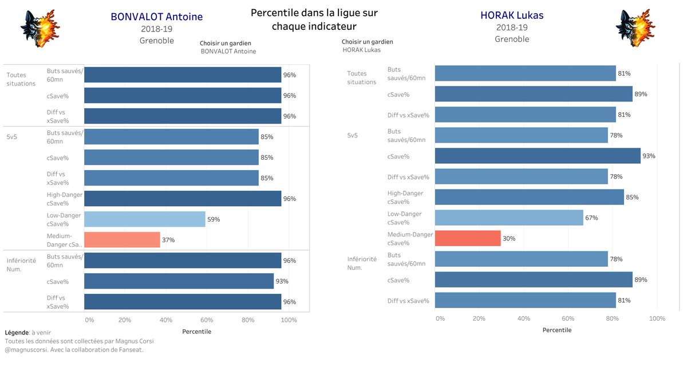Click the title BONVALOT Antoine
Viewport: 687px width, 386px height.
tap(156, 17)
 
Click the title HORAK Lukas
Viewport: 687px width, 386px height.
tap(512, 15)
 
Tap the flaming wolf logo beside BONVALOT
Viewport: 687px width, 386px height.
tap(40, 28)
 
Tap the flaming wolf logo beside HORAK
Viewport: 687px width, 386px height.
tap(634, 28)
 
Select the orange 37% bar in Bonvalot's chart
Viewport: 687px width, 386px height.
tap(122, 240)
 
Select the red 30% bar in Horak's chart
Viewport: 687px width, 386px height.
tap(468, 238)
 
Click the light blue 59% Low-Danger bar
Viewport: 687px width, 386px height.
tap(145, 219)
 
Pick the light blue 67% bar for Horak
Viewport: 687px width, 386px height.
tap(509, 218)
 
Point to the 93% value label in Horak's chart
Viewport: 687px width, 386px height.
tap(649, 156)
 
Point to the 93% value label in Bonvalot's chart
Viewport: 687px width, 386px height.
tap(282, 281)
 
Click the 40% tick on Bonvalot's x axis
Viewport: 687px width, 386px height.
tap(165, 320)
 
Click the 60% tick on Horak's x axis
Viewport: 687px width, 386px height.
tap(568, 318)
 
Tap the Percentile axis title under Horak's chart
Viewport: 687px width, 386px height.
tap(556, 330)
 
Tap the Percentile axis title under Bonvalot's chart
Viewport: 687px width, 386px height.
tap(196, 332)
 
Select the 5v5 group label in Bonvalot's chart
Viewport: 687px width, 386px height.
tap(13, 137)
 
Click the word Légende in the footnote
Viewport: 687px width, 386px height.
tap(17, 332)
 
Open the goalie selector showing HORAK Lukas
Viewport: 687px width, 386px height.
tap(361, 50)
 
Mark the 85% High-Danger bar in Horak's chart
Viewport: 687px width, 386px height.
tap(529, 197)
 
